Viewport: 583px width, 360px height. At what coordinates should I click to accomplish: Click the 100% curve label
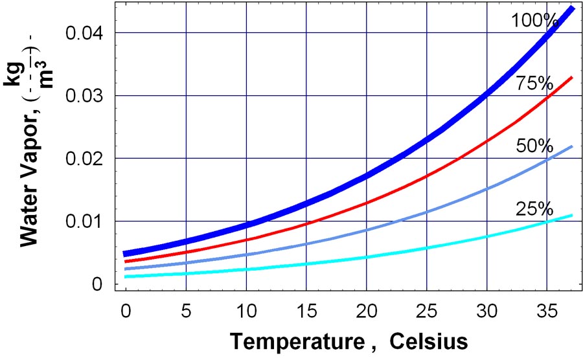(534, 21)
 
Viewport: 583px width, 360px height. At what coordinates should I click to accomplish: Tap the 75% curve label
(534, 84)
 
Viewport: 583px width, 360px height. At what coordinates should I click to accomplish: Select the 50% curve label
(534, 146)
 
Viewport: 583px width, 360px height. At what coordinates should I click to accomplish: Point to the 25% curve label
(534, 208)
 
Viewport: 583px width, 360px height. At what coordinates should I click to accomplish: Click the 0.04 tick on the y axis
(87, 32)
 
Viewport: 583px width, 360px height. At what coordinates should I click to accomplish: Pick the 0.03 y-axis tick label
(87, 95)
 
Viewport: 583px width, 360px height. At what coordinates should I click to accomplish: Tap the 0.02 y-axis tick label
(87, 158)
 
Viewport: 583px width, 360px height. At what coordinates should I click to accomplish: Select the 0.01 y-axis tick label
(87, 221)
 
